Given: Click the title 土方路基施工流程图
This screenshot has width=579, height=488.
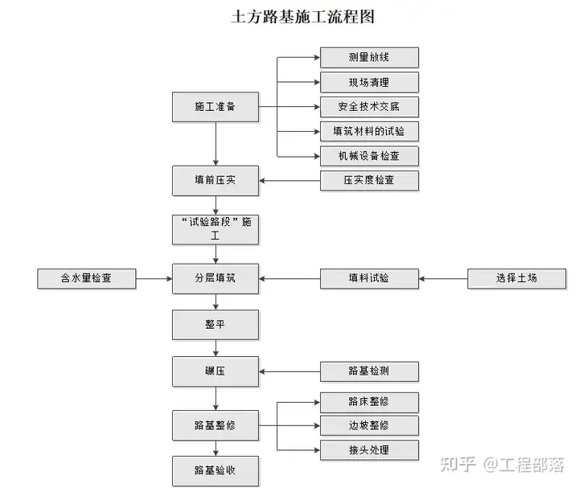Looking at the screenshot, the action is (303, 17).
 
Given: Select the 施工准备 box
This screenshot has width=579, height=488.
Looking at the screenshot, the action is (216, 107).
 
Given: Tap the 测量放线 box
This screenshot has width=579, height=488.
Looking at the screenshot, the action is (369, 58).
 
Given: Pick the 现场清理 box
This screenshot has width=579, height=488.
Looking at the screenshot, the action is (369, 82).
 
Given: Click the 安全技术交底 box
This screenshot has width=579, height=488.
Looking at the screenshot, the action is (369, 107).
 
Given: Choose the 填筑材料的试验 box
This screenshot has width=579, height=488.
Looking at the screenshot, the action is (369, 131).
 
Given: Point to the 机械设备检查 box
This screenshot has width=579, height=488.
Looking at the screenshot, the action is (369, 156).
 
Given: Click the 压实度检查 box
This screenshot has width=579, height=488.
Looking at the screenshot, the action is (369, 181).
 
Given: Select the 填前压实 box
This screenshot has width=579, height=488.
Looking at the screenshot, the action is (216, 181).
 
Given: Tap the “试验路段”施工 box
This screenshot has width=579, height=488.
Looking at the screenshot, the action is (216, 230).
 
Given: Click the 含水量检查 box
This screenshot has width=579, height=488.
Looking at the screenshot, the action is (87, 279).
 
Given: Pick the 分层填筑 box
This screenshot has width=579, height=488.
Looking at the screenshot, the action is (216, 279).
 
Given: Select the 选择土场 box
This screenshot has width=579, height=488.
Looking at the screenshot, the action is (516, 279).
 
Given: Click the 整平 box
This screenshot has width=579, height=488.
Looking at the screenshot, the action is (216, 325).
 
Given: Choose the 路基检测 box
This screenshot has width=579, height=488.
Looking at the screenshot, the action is (369, 371).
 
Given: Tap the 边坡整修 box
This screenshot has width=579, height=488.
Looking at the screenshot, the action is (369, 425).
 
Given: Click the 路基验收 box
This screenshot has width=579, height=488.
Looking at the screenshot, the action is (216, 471).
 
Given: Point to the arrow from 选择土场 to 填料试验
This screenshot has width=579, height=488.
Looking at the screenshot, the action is (443, 279).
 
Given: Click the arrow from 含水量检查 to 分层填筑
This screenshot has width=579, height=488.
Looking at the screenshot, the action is (154, 279).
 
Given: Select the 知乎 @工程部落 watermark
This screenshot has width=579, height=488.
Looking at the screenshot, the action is (502, 465).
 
